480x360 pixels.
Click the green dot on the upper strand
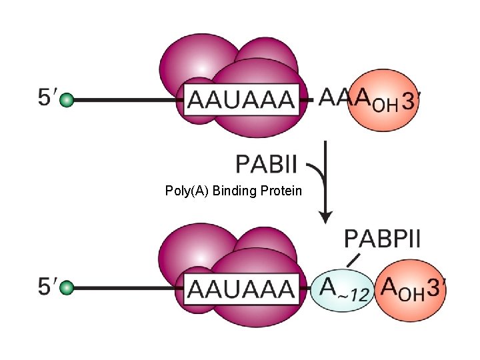click(66, 101)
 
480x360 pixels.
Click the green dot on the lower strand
click(66, 289)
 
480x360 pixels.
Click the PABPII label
click(382, 238)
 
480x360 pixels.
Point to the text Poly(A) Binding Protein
click(233, 191)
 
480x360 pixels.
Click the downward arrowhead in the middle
click(325, 217)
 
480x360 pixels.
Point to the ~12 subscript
click(354, 295)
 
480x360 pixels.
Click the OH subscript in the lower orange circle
click(412, 294)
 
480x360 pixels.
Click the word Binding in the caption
click(234, 192)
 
